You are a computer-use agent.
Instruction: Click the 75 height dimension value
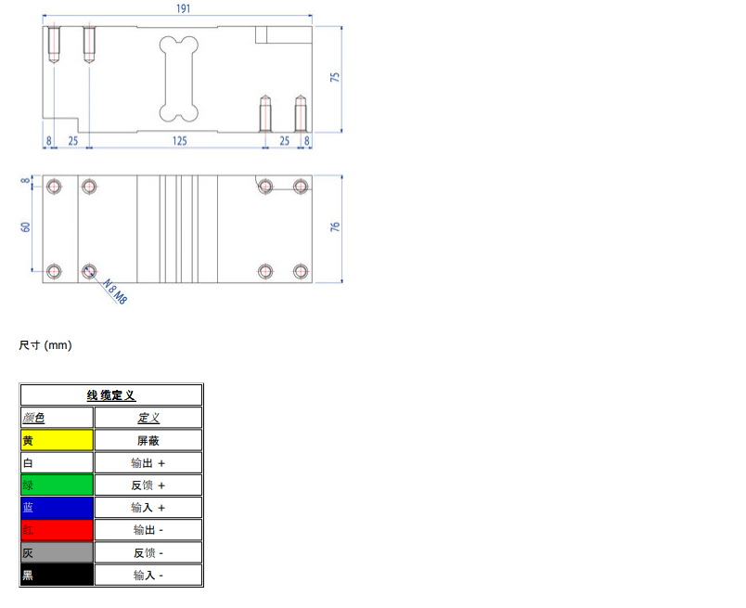[335, 79]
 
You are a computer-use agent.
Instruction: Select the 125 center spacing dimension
[179, 140]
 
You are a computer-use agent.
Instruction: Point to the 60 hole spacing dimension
[26, 226]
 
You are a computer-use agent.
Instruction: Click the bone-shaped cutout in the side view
[179, 79]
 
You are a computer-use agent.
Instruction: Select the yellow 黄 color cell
[57, 440]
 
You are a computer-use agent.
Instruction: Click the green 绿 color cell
[57, 485]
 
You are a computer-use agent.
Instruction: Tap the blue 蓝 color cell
[57, 508]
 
